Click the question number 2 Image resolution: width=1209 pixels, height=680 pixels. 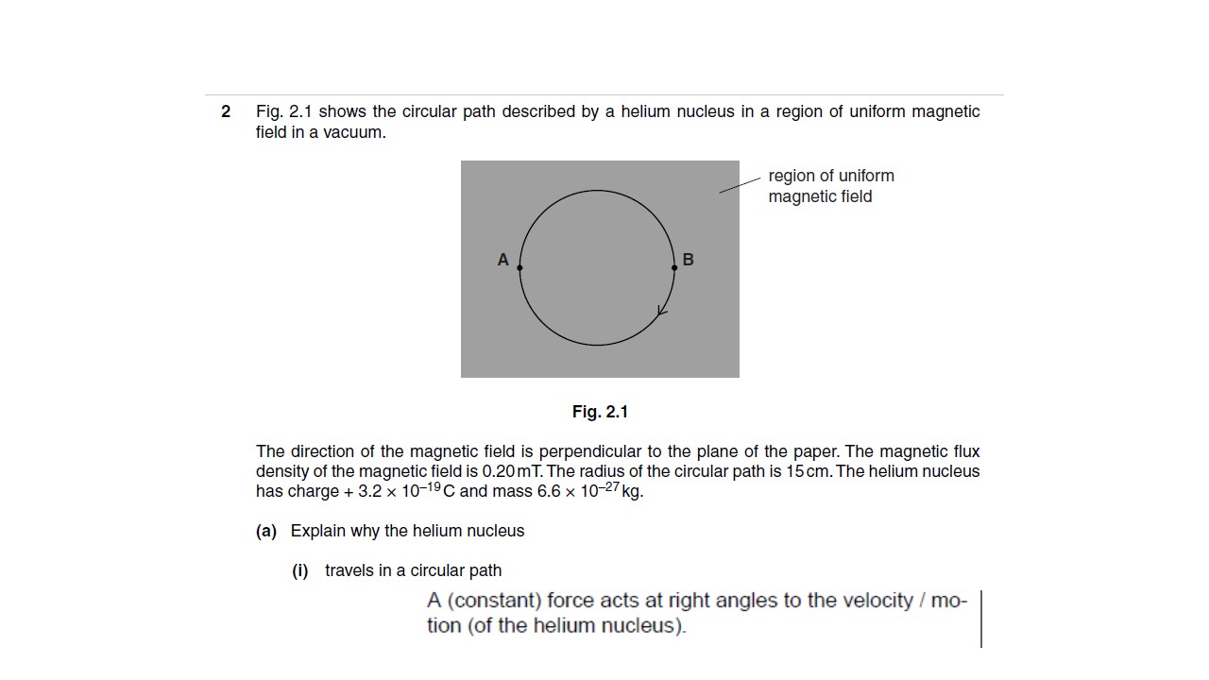pos(226,111)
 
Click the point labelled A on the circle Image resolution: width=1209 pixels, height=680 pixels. pos(519,267)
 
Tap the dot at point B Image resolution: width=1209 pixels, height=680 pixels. pos(674,267)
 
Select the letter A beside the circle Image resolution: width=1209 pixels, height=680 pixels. pos(502,260)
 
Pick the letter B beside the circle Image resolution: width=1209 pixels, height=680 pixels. pos(688,260)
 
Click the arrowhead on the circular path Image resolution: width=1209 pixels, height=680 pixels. pos(662,311)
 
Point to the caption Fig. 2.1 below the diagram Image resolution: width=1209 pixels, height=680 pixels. pos(600,412)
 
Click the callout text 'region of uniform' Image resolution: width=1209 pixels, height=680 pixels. pos(831,176)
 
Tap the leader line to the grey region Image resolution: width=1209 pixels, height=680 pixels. pos(740,184)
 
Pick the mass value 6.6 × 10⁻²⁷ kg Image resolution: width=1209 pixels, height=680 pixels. pos(590,491)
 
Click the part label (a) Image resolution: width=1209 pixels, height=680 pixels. pos(265,531)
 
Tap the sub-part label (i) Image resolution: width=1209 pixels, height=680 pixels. pos(300,570)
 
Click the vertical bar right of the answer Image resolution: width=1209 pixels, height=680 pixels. pos(981,619)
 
